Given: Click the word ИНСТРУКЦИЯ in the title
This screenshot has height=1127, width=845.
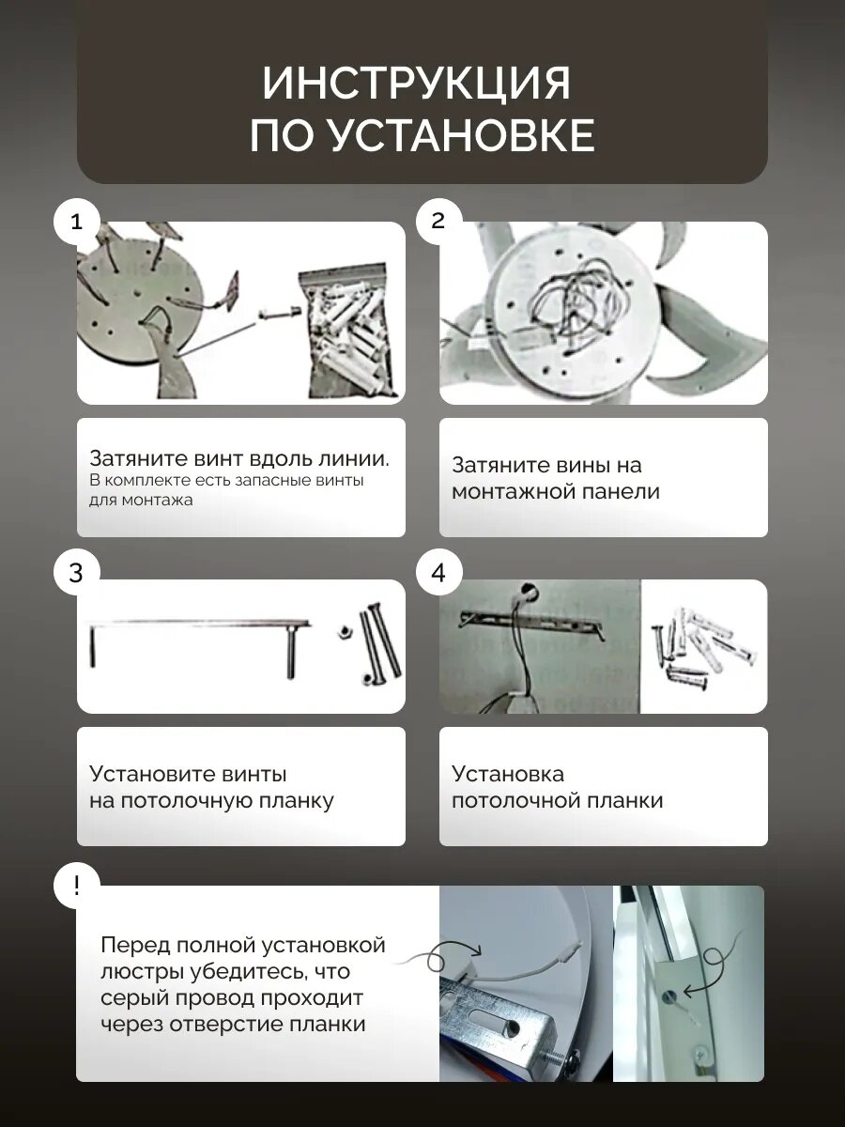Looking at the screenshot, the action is tap(416, 83).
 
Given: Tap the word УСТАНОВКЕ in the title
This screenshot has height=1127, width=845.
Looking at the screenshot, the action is tap(461, 135).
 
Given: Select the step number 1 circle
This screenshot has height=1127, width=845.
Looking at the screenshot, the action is tap(76, 222).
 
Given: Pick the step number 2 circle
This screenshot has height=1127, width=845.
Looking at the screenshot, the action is tap(438, 222).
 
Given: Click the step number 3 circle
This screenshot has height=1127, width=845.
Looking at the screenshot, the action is tap(76, 573).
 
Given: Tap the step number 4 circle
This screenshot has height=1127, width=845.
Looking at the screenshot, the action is tap(438, 573).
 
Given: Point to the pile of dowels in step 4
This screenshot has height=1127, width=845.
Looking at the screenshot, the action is tap(704, 647).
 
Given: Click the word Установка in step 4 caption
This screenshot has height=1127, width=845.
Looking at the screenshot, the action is tap(508, 774).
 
